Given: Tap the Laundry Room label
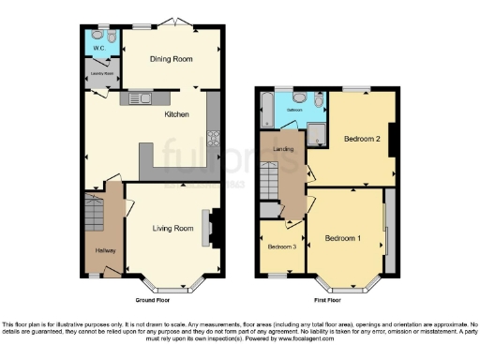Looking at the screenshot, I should click(x=100, y=72).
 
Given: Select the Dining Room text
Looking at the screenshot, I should click(x=172, y=59).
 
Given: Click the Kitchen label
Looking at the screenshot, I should click(x=177, y=114).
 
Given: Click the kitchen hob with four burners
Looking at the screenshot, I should click(x=212, y=142).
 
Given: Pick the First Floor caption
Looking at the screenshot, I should click(x=327, y=300).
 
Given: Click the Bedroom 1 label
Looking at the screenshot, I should click(x=342, y=238).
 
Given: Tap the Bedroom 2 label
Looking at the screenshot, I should click(x=361, y=139).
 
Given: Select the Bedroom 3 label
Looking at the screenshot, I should click(x=281, y=247).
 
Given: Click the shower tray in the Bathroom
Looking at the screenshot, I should click(x=318, y=134).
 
